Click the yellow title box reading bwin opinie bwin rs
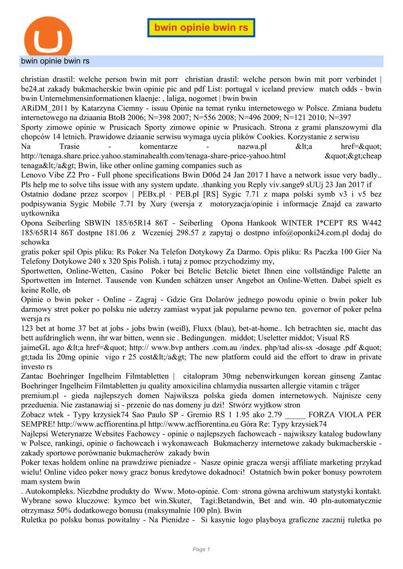point(201,27)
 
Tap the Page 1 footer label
point(201,550)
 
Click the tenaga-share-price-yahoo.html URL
point(153,156)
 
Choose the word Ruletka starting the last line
point(37,521)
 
